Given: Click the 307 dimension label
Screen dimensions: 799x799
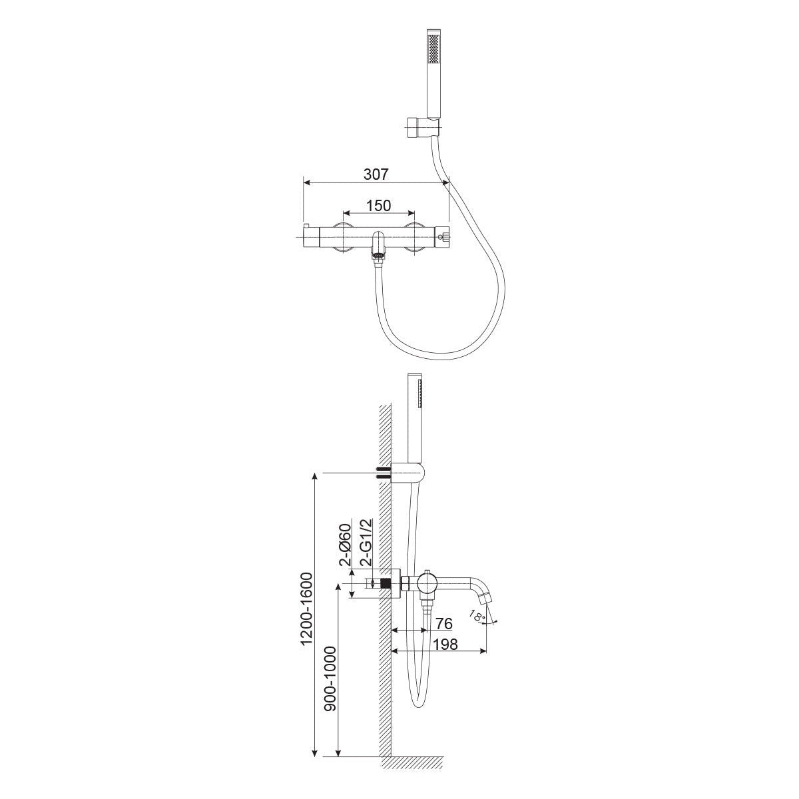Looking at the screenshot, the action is coord(376,174).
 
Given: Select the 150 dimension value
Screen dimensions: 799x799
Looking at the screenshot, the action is coord(379,205).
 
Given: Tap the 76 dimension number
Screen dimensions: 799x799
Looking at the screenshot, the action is coord(443,635).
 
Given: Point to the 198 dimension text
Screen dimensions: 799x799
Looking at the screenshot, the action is coord(445,656).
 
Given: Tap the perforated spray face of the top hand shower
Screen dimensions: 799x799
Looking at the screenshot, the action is coord(435,54).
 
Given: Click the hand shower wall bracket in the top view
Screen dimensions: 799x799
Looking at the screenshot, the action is coord(422,127).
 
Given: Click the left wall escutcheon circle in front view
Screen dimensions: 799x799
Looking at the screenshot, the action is coord(344,237).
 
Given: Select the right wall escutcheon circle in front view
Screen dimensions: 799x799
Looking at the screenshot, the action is coord(415,237).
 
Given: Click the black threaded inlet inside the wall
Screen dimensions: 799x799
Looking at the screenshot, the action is coord(386,583).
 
